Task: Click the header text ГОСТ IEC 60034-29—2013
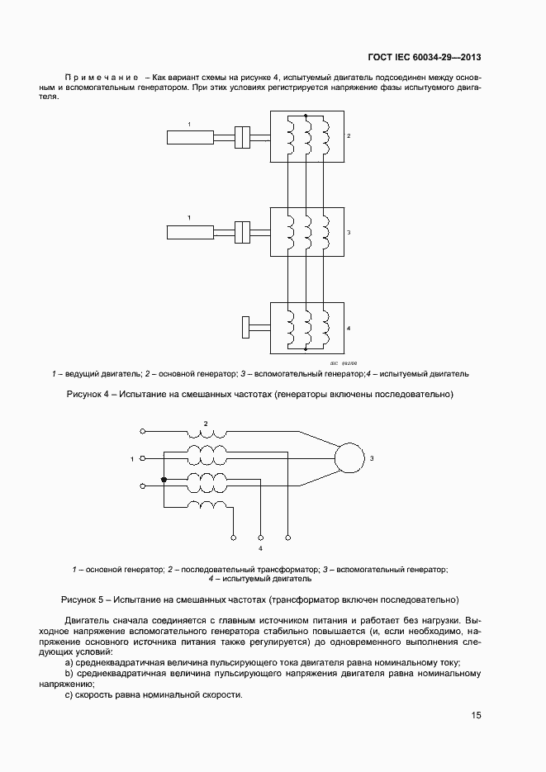(425, 58)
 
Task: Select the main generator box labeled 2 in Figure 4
(306, 136)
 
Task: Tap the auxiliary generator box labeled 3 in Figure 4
(306, 232)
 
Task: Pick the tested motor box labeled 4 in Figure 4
(306, 328)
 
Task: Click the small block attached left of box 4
(245, 327)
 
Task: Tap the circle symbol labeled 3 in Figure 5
(349, 457)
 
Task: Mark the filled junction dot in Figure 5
(164, 480)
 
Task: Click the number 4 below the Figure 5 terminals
(261, 548)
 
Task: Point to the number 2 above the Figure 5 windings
(206, 424)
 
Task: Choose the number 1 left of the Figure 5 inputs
(132, 457)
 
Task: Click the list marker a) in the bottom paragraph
(69, 663)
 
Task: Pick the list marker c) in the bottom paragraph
(69, 694)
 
